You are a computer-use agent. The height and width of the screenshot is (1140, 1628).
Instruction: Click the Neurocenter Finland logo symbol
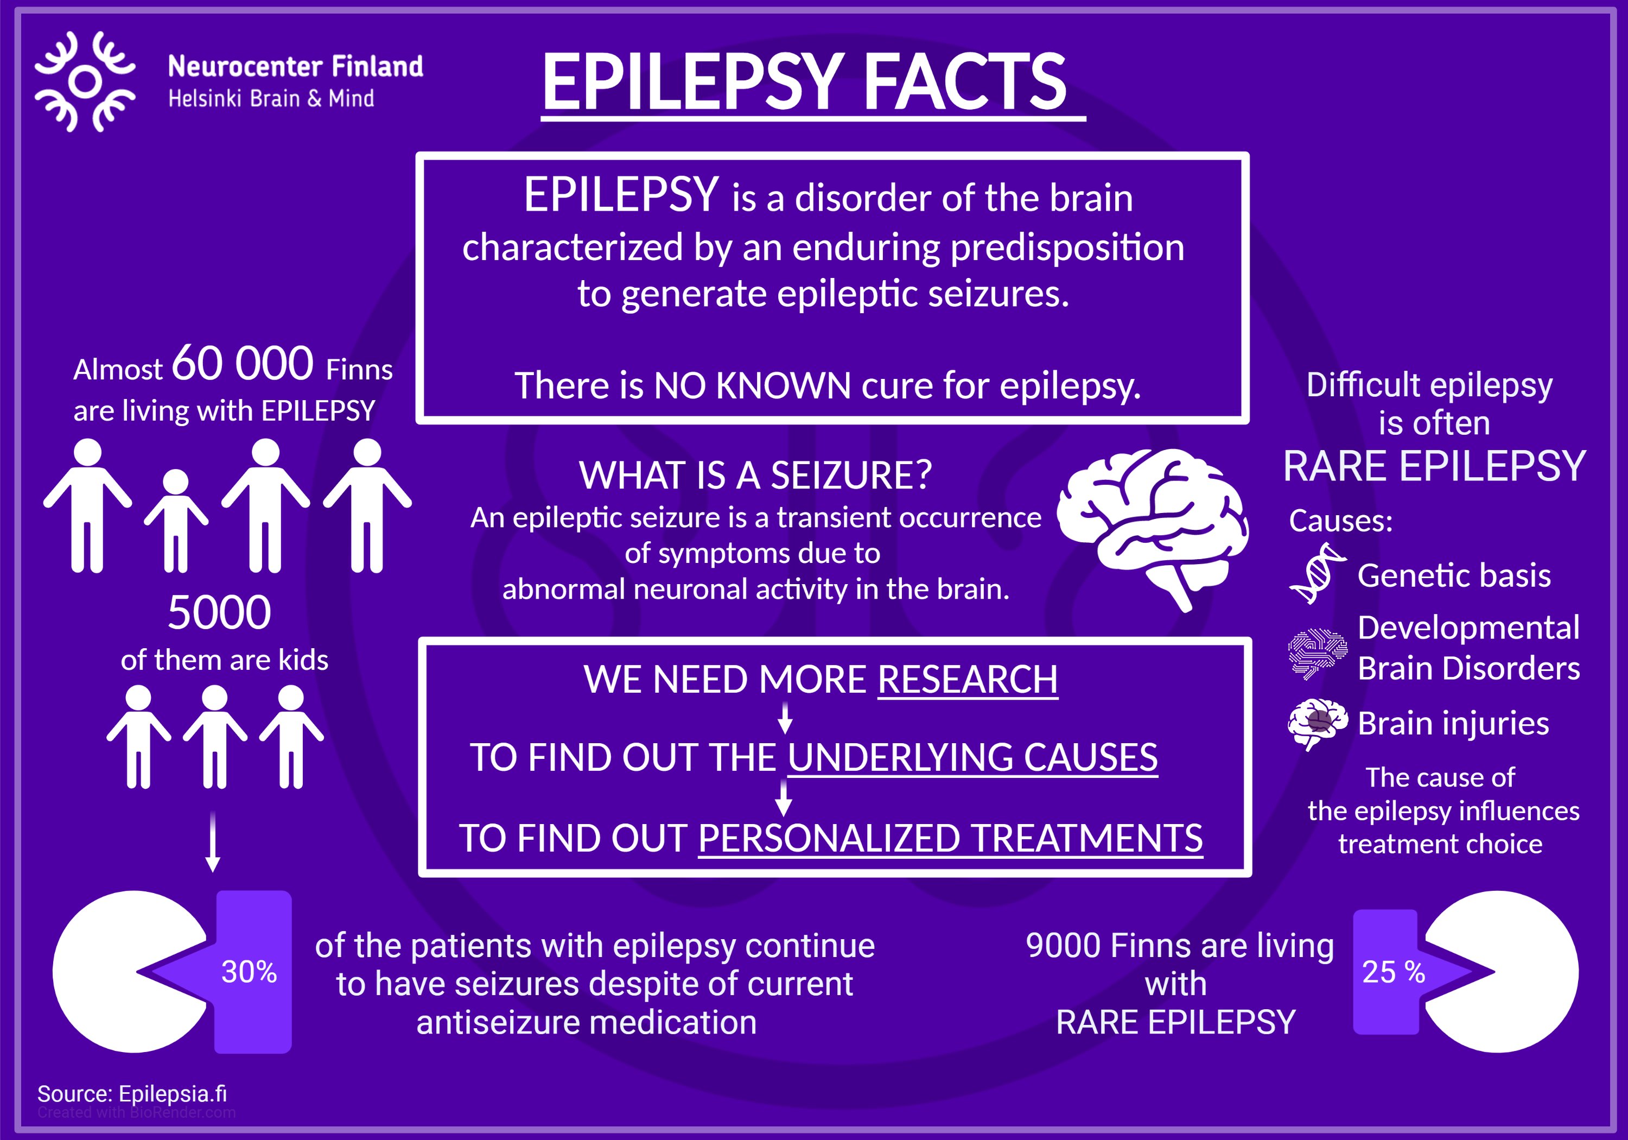click(x=85, y=81)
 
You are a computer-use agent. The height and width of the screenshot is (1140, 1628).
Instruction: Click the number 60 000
click(x=243, y=363)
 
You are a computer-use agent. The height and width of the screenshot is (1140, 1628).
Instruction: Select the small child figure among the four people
click(x=176, y=521)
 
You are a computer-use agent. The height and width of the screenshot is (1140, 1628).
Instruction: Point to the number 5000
click(x=219, y=613)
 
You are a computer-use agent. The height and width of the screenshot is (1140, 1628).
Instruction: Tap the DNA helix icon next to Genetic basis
click(x=1318, y=573)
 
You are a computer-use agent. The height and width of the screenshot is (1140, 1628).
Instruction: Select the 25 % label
click(x=1394, y=972)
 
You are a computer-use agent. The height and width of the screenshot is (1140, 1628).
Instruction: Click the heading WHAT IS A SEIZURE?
click(x=755, y=476)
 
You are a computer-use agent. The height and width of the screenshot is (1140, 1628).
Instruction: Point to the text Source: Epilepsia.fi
click(x=132, y=1093)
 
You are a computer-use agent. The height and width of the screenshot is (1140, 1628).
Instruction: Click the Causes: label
click(x=1340, y=521)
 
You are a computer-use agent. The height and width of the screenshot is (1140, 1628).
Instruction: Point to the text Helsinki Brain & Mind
click(x=271, y=99)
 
